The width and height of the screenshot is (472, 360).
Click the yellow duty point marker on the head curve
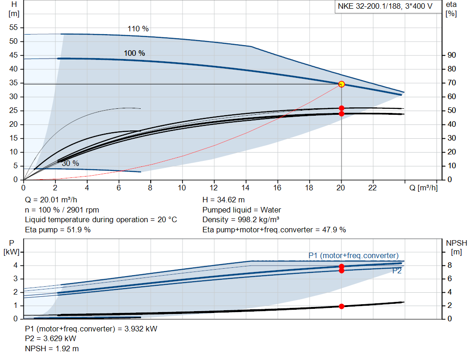(x=342, y=84)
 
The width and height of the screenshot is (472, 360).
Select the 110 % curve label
(x=138, y=29)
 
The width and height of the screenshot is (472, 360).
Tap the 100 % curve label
(x=134, y=53)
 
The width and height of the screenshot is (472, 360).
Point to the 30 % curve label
(x=71, y=163)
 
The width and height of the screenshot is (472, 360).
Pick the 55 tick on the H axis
(x=13, y=27)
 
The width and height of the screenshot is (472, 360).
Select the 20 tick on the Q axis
(x=342, y=188)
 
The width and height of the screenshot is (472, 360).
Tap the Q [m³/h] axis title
(x=423, y=188)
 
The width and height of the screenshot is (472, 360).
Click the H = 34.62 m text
(x=224, y=200)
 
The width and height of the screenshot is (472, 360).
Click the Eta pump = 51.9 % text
(x=58, y=230)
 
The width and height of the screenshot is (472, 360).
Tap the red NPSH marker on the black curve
(x=342, y=306)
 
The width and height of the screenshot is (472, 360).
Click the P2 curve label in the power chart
(x=397, y=271)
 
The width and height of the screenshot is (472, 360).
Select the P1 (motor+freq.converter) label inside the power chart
(x=354, y=255)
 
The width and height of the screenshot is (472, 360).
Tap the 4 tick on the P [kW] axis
(x=15, y=265)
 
